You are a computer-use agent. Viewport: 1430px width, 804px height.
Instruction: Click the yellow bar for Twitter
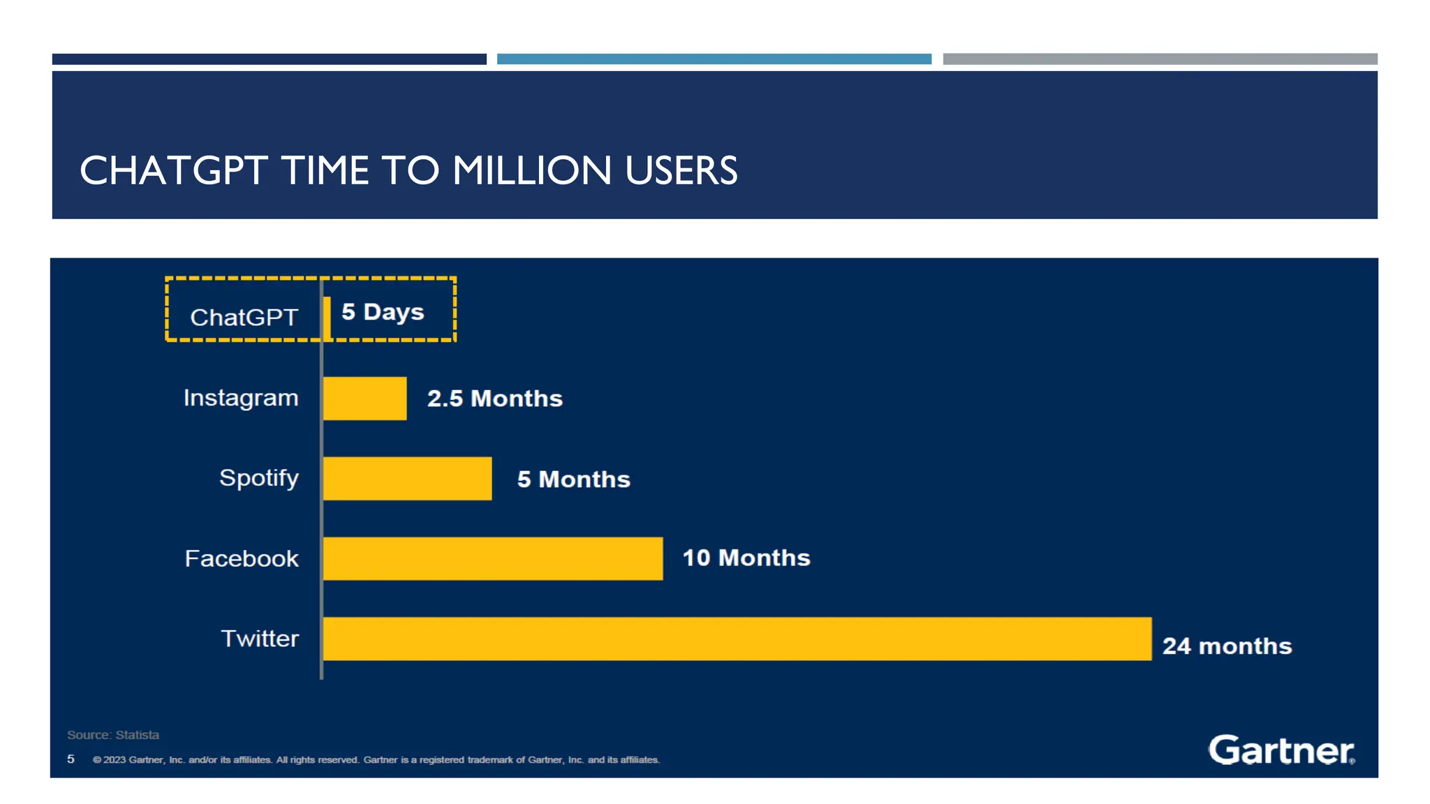[x=737, y=638]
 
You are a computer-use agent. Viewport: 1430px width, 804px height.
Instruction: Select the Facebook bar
[x=492, y=558]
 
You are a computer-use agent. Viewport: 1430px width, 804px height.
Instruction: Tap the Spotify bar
[x=407, y=478]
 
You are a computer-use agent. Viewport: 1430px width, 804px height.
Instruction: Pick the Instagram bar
[x=364, y=398]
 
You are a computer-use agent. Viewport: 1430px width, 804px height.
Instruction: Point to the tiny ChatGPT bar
[x=327, y=318]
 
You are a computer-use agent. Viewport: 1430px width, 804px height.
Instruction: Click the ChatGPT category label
[x=244, y=318]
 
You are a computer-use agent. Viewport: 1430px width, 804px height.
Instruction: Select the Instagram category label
[x=241, y=398]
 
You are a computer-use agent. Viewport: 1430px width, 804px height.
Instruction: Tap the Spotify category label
[x=258, y=478]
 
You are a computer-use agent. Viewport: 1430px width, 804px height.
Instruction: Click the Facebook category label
[x=242, y=558]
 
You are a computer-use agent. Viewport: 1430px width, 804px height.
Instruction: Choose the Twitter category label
[x=260, y=638]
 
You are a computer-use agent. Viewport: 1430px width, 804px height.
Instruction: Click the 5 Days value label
[x=383, y=312]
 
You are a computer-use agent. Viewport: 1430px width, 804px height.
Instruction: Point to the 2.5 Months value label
[x=494, y=399]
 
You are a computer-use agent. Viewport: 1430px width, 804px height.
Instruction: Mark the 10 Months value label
[x=746, y=558]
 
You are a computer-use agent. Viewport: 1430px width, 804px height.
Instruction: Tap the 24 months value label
[x=1227, y=646]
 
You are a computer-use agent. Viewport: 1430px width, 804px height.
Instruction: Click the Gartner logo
[x=1281, y=750]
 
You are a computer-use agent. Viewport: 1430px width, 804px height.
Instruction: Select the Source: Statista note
[x=113, y=735]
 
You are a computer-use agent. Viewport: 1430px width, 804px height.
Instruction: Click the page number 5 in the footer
[x=71, y=759]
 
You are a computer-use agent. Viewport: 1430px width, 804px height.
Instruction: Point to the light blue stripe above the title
[x=714, y=59]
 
